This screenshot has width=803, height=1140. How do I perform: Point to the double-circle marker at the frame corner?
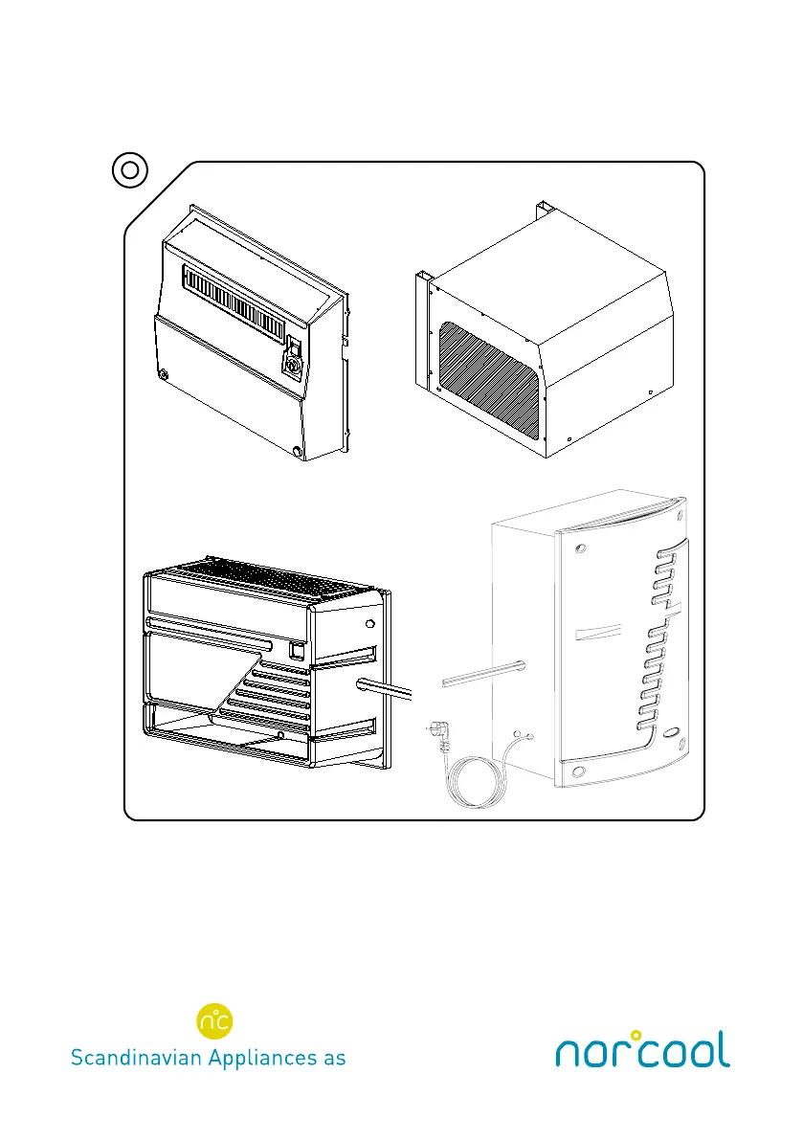[130, 171]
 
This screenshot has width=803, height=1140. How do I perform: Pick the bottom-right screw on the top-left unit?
[298, 450]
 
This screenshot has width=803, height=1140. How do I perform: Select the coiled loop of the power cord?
[469, 780]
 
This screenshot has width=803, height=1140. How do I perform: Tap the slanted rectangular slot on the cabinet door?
[598, 635]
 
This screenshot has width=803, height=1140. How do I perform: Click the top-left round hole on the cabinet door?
[583, 548]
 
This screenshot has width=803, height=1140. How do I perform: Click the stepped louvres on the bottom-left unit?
[274, 689]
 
